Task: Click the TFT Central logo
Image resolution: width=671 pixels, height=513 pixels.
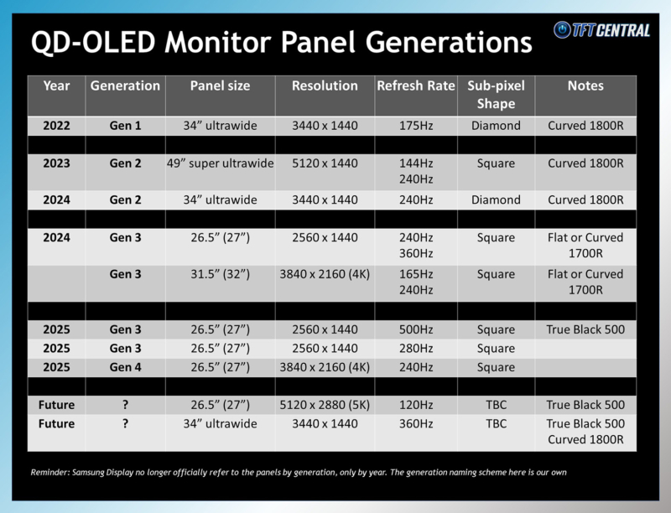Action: (601, 30)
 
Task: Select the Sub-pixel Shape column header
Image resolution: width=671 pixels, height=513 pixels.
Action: (496, 95)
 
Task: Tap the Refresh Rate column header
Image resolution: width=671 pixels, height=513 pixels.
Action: (415, 85)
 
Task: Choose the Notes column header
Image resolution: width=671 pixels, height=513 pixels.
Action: (585, 85)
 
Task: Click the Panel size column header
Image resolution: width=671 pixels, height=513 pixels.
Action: (220, 85)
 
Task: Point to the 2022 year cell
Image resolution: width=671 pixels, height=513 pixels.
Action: (56, 126)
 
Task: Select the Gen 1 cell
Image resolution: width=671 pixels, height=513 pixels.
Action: (125, 126)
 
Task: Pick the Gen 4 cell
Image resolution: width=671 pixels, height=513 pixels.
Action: (125, 366)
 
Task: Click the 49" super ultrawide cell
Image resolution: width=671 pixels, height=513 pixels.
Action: (220, 163)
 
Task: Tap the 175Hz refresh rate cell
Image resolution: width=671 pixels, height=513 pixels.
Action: (415, 126)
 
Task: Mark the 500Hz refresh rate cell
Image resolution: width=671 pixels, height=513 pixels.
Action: (415, 329)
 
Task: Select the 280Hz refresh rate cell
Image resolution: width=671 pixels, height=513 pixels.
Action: (415, 348)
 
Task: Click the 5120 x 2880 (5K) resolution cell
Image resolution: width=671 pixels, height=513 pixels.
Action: (325, 404)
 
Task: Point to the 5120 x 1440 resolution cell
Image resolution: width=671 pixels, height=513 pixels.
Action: (325, 163)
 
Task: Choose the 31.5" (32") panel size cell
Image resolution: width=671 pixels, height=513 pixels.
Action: (220, 274)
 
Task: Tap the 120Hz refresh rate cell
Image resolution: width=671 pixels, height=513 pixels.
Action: (415, 404)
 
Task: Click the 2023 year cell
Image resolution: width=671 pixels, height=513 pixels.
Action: (56, 163)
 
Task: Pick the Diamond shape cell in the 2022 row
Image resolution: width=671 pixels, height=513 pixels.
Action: (496, 126)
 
